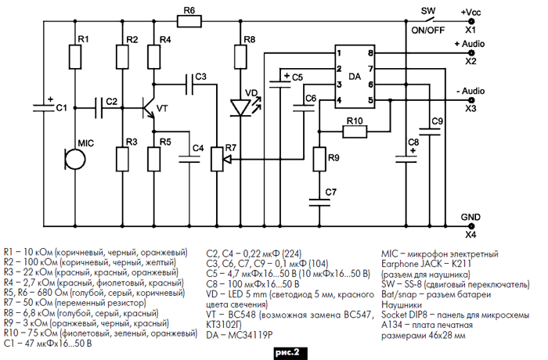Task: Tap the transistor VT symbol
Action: point(146,107)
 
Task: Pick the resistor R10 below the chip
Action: point(354,131)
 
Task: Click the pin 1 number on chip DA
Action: point(338,52)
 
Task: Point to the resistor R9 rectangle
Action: point(318,159)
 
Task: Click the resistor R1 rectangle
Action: point(75,56)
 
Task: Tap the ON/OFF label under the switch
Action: point(427,30)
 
